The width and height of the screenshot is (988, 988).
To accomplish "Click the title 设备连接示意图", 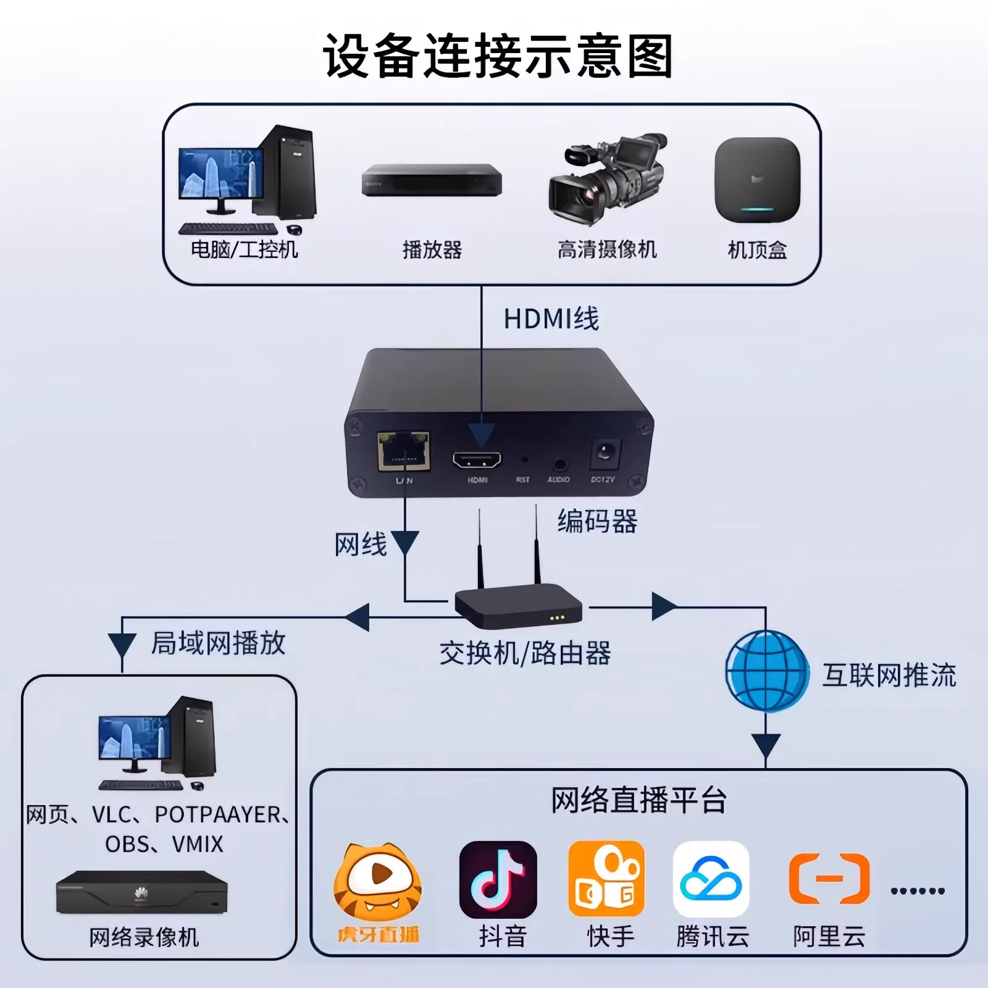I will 498,56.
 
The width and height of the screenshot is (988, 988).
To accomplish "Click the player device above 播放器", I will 432,180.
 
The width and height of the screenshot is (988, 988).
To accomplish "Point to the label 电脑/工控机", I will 245,249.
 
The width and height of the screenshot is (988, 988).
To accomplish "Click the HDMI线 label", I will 551,319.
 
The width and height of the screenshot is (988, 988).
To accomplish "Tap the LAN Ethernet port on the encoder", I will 404,451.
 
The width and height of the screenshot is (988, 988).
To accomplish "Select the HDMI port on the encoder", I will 477,460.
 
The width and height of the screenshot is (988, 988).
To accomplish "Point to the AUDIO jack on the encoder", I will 559,464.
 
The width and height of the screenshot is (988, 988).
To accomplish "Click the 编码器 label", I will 597,521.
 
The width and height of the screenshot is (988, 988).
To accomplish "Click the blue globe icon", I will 767,671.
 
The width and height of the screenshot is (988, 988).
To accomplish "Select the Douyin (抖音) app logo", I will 498,879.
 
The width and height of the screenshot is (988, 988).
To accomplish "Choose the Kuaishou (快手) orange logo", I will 606,879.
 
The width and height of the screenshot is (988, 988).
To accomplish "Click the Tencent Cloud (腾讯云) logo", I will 711,879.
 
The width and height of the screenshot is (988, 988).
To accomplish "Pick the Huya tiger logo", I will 378,880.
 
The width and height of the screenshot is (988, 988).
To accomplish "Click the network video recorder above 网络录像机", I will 142,893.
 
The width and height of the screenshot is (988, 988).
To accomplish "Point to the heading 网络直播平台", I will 638,801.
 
